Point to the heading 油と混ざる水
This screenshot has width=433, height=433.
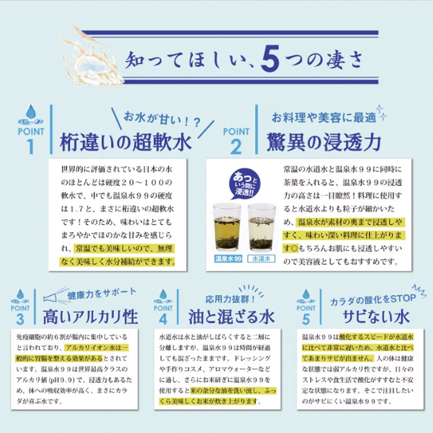[x=232, y=316]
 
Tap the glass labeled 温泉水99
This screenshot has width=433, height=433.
[x=227, y=227]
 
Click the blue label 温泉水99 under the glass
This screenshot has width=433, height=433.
[x=227, y=259]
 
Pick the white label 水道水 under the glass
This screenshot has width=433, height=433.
[x=261, y=259]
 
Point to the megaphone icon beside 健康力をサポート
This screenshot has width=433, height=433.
[x=53, y=296]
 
